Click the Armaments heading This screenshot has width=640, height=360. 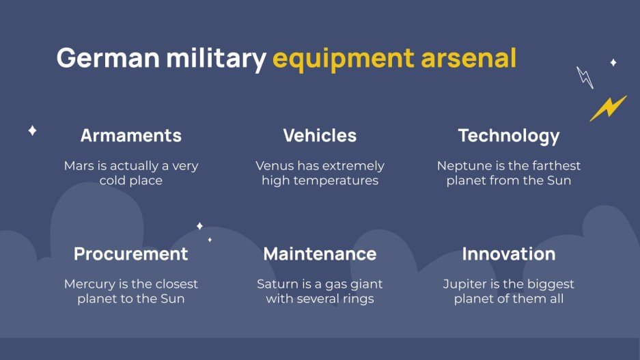click(131, 136)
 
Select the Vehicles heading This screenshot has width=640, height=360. click(320, 136)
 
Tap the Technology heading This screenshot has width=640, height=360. click(509, 136)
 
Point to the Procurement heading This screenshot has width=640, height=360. click(131, 254)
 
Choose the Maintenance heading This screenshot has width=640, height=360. click(320, 254)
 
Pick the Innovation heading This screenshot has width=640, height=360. click(509, 254)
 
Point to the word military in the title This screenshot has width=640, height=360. click(216, 59)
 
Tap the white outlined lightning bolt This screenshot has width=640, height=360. click(585, 77)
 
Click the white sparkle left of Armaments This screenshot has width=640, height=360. click(32, 130)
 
